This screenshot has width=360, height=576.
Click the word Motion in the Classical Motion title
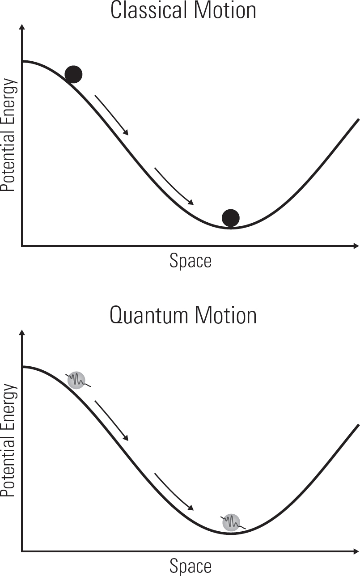pyautogui.click(x=225, y=10)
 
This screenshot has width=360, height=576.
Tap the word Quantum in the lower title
pyautogui.click(x=149, y=315)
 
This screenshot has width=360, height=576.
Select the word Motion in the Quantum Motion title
pyautogui.click(x=225, y=315)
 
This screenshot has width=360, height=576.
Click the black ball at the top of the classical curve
pyautogui.click(x=73, y=74)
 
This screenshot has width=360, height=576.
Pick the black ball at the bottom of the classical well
pyautogui.click(x=231, y=218)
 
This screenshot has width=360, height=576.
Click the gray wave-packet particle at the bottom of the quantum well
pyautogui.click(x=232, y=522)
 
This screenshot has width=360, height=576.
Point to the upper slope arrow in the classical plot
pyautogui.click(x=111, y=115)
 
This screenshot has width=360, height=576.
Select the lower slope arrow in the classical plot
pyautogui.click(x=174, y=186)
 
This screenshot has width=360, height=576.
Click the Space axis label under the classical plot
pyautogui.click(x=191, y=262)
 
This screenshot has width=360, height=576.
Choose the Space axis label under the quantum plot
pyautogui.click(x=191, y=567)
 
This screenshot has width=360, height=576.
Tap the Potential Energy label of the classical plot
pyautogui.click(x=8, y=135)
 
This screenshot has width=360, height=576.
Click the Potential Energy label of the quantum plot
pyautogui.click(x=8, y=440)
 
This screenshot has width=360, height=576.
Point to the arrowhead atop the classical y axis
pyautogui.click(x=22, y=27)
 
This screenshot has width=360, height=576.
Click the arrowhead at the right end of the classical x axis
pyautogui.click(x=356, y=246)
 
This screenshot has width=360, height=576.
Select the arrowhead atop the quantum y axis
pyautogui.click(x=22, y=332)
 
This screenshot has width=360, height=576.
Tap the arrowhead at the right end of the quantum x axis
pyautogui.click(x=356, y=551)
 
